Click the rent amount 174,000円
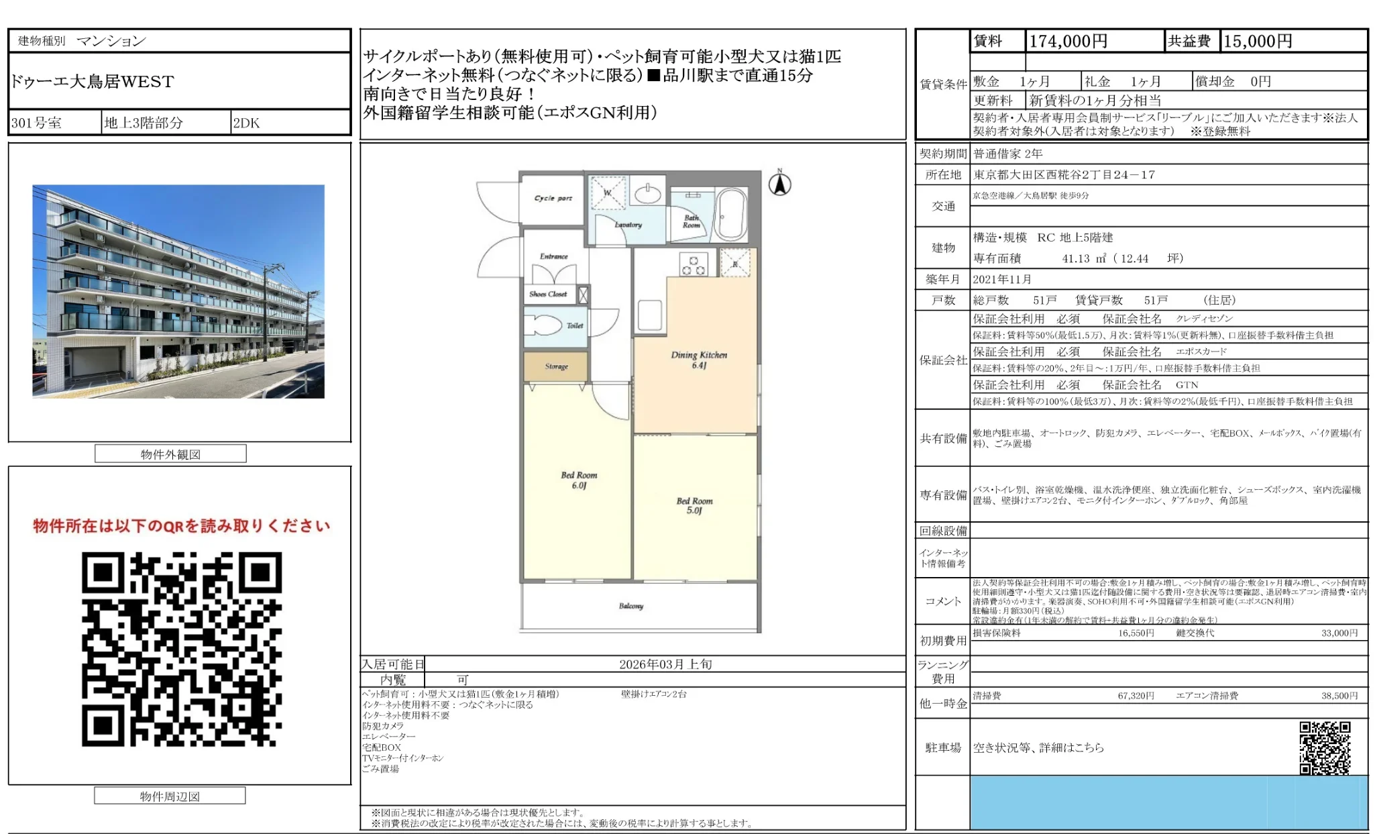tap(1068, 42)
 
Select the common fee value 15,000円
tap(1258, 42)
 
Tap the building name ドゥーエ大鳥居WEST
tap(93, 82)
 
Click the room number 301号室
tap(36, 123)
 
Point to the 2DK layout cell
tap(246, 123)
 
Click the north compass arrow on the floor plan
tap(779, 184)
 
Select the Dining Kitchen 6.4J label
tap(699, 360)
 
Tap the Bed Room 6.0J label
tap(579, 480)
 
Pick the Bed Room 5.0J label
tap(694, 505)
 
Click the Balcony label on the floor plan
tap(630, 606)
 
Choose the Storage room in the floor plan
tap(556, 366)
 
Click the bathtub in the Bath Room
tap(730, 213)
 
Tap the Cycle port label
tap(553, 198)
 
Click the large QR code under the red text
tap(182, 649)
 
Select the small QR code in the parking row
tap(1324, 747)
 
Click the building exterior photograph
tap(178, 291)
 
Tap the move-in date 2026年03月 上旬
tap(665, 664)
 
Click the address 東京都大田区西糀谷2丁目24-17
tap(1064, 175)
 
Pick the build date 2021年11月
tap(1002, 279)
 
